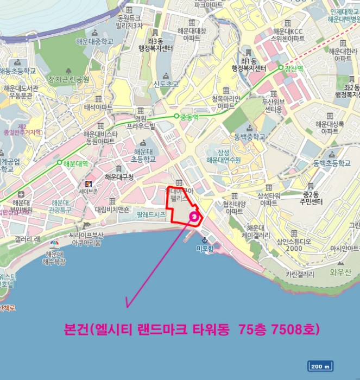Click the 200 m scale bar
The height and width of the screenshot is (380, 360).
[320, 366]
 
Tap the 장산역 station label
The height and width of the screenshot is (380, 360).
[294, 68]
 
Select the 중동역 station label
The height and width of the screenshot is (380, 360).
[190, 116]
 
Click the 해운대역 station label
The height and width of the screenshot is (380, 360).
[75, 162]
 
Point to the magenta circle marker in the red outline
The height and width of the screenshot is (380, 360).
[194, 217]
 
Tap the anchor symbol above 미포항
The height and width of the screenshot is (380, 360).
[205, 240]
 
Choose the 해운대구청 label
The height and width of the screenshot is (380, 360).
[119, 177]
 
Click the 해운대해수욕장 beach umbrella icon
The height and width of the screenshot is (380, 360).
[54, 244]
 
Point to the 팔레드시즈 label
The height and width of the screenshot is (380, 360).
[150, 215]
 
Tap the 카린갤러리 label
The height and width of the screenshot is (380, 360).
[298, 275]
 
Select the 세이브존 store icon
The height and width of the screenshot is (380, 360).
[88, 182]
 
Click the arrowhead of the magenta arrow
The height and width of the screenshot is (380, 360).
[128, 305]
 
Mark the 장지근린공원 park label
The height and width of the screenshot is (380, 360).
[68, 79]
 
